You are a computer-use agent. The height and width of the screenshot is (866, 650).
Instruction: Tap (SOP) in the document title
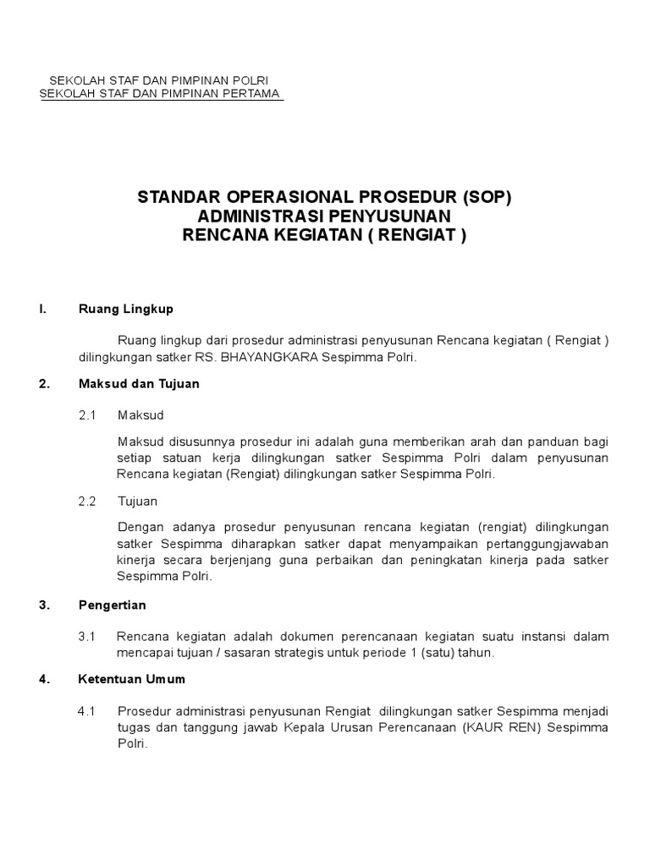point(486,199)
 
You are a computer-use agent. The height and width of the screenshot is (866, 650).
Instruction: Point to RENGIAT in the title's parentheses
point(416,234)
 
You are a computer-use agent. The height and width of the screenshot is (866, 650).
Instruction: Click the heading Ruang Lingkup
point(125,309)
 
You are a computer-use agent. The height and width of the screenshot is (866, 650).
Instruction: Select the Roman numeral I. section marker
point(42,309)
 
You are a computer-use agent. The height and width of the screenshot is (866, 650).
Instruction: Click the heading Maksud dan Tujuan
point(139,383)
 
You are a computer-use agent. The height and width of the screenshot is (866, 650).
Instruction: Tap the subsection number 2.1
point(88,415)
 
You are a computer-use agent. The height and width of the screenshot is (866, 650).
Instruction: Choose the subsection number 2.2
point(88,501)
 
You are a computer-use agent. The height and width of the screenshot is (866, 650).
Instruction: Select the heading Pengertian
point(112,605)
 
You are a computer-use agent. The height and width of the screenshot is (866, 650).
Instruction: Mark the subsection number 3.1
point(88,636)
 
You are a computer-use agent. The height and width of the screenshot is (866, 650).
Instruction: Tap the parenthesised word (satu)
point(432,653)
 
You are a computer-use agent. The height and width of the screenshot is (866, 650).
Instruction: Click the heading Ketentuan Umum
point(131,679)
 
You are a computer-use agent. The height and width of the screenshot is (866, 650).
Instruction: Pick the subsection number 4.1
point(88,711)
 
